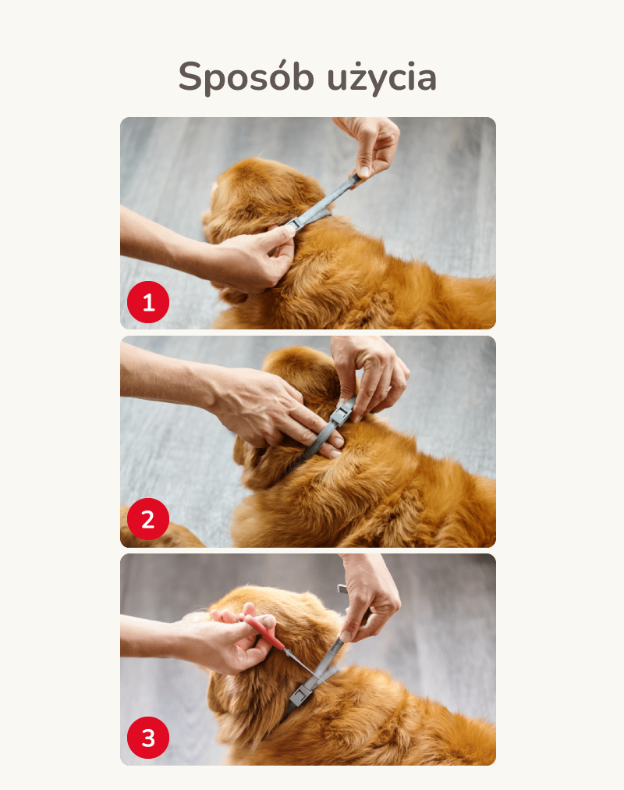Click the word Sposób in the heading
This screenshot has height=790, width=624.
(246, 77)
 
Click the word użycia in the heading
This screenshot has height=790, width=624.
(381, 77)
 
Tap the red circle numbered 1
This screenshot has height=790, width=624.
(148, 302)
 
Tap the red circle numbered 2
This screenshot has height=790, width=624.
(148, 519)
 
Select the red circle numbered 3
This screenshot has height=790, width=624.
(148, 738)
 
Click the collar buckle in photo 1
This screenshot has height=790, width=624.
(293, 222)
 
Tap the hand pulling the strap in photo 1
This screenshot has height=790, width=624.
(370, 146)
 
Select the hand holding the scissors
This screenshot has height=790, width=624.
(236, 642)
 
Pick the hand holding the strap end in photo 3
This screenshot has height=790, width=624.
(370, 600)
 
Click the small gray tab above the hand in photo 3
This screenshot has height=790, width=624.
(342, 589)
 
